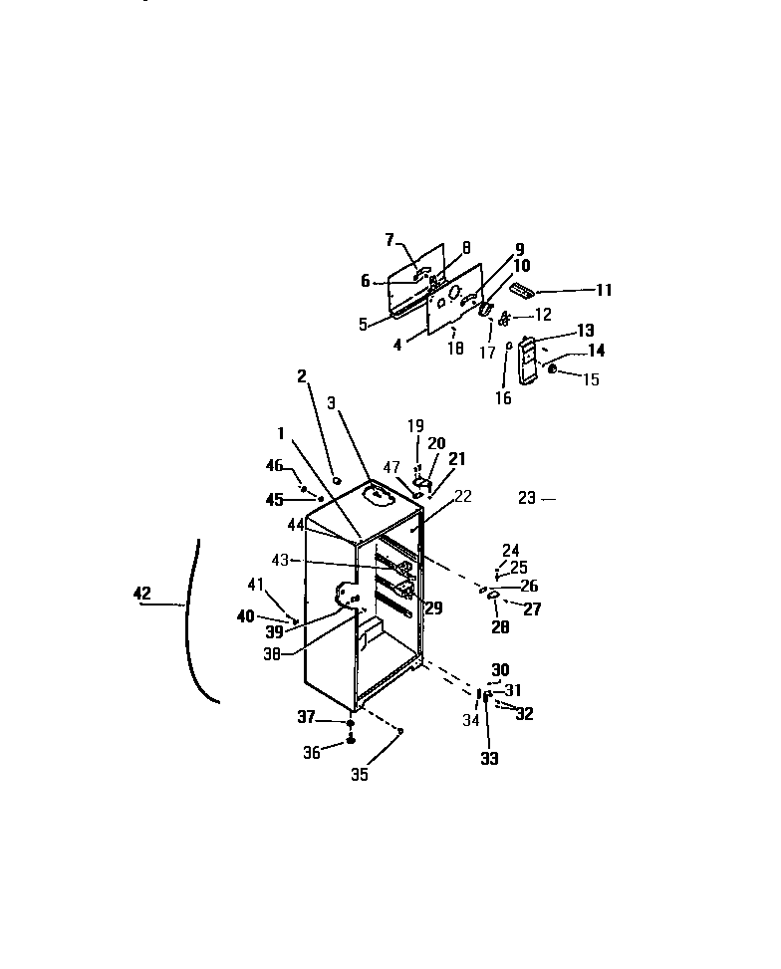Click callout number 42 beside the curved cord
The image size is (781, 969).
coord(141,594)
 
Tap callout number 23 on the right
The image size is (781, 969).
coord(527,498)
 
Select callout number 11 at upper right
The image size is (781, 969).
coord(604,291)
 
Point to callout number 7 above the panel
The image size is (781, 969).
coord(390,239)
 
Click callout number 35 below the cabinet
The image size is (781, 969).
coord(359,775)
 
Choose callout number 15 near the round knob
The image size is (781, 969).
coord(592,379)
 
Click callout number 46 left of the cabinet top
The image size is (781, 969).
coord(275,465)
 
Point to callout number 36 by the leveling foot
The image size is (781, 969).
coord(311,754)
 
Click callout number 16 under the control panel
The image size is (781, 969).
coord(504,398)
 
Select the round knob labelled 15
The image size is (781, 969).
coord(553,371)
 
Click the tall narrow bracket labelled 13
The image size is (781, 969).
coord(528,359)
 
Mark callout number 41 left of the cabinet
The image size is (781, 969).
coord(257,585)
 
